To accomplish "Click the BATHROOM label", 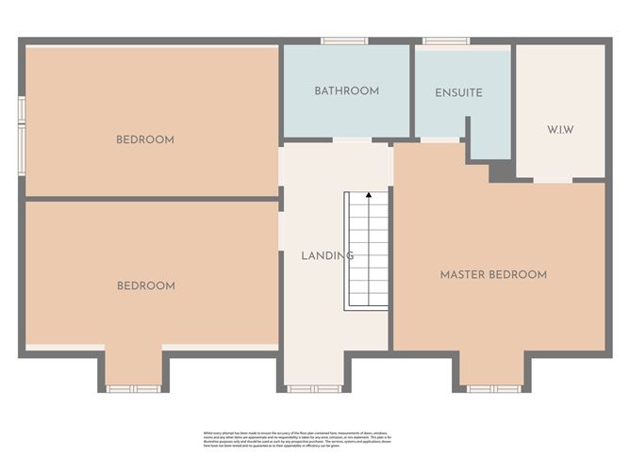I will (x=346, y=91).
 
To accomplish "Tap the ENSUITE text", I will (x=458, y=93).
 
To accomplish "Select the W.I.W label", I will (x=560, y=129).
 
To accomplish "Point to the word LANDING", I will (x=327, y=255).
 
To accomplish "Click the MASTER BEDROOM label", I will (x=493, y=275).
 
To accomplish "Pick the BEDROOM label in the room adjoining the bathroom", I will (x=145, y=139).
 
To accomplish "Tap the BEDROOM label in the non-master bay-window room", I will (x=145, y=285).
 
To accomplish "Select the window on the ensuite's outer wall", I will (x=439, y=41).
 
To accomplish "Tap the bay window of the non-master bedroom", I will (x=133, y=388).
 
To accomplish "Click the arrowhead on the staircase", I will (x=368, y=196).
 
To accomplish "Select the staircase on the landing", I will (x=367, y=251).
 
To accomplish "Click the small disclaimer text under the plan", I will (x=314, y=440).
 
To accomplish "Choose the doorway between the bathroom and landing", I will (x=352, y=140).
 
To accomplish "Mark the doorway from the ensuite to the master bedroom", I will (x=439, y=140).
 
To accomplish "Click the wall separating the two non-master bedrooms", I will (x=151, y=199).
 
